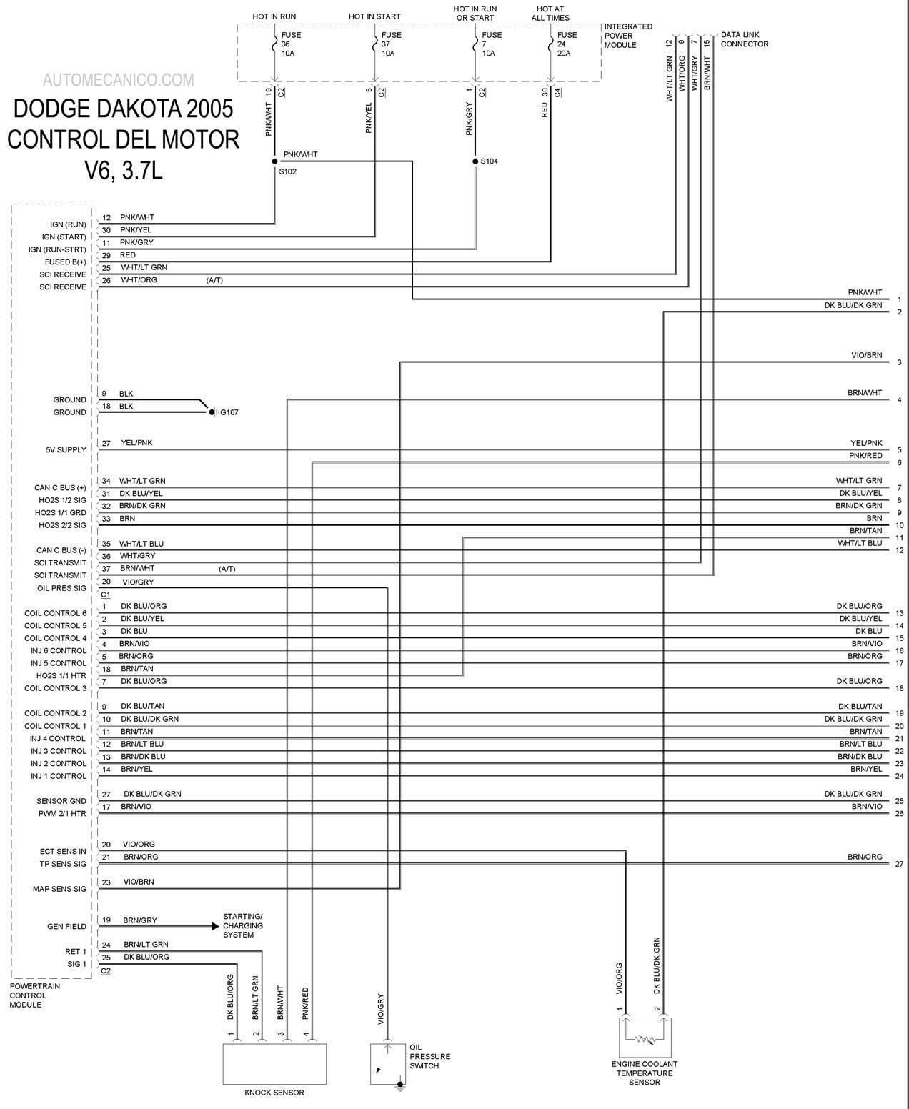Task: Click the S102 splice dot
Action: point(274,161)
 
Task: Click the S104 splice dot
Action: point(475,161)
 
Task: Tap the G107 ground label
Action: point(229,413)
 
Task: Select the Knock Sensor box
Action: point(274,1064)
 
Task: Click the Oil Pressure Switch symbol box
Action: point(388,1064)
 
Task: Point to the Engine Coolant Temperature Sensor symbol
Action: point(645,1038)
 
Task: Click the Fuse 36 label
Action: point(288,44)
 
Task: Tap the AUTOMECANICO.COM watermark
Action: point(119,80)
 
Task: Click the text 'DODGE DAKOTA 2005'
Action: point(123,109)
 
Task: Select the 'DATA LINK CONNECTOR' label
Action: point(745,39)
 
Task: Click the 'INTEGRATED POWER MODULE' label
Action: point(628,36)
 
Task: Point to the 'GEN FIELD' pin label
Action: point(66,927)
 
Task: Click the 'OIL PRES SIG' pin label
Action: point(61,588)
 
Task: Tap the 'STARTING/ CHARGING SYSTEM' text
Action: point(242,925)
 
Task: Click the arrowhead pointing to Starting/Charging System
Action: point(215,927)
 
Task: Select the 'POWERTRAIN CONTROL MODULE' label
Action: point(35,995)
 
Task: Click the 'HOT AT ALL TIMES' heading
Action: point(550,13)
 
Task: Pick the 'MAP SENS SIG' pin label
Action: point(59,889)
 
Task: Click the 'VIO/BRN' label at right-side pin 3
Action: point(866,355)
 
